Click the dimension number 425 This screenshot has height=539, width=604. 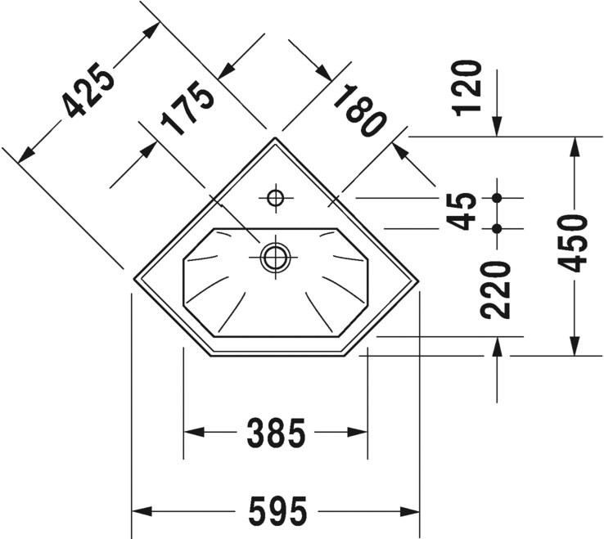[88, 90]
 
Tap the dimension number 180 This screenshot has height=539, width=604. [359, 111]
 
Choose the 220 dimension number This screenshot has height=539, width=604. [496, 290]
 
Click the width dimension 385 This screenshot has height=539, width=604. [275, 433]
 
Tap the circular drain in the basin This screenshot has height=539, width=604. [274, 256]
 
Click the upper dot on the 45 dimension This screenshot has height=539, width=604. [497, 198]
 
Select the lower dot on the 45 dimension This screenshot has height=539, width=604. [497, 228]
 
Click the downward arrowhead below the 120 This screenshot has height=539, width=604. [497, 127]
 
